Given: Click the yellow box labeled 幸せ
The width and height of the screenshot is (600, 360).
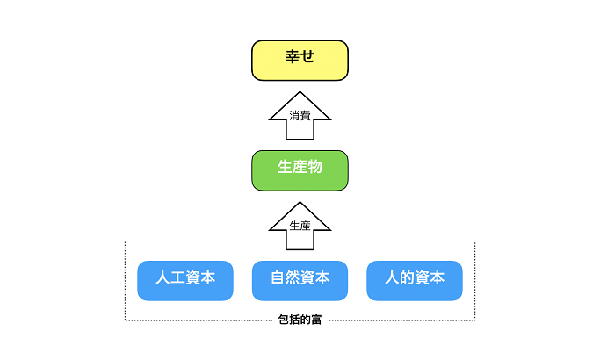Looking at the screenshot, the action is click(300, 61).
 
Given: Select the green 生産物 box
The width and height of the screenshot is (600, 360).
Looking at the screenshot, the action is click(300, 170).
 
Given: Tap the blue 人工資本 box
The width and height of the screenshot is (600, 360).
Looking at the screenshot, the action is click(185, 281).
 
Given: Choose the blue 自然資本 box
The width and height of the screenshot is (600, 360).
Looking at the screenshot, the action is click(300, 281).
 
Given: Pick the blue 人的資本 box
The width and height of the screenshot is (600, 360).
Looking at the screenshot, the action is click(415, 281).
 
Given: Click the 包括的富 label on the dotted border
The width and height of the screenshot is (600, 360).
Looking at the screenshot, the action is click(300, 320).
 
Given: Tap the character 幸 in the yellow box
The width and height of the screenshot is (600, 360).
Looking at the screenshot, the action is click(293, 56).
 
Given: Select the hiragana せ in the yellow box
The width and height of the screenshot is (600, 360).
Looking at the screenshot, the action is click(307, 56).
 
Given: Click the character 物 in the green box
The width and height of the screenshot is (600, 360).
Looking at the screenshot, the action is click(314, 167).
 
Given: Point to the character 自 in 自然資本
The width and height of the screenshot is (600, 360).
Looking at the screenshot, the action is click(278, 277).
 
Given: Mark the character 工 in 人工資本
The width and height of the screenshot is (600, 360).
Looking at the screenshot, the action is click(177, 277).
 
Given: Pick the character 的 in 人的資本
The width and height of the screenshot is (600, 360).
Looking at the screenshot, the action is click(407, 277).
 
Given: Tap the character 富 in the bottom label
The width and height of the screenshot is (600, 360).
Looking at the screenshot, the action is click(316, 320).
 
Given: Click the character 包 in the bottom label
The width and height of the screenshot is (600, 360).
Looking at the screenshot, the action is click(284, 320).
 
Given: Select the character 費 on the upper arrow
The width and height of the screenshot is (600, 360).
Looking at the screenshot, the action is click(305, 115).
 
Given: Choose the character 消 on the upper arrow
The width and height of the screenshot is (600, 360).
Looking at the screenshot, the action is click(294, 115).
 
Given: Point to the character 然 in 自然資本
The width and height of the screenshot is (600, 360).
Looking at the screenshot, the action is click(293, 277).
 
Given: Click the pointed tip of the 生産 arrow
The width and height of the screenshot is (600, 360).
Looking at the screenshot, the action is click(300, 202).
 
